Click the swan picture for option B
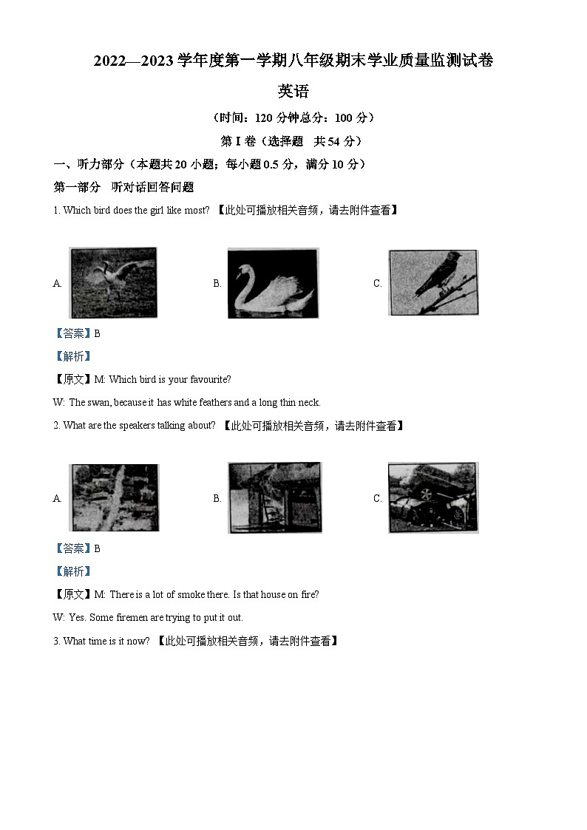tap(273, 283)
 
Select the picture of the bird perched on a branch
tap(433, 282)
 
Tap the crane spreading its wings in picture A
tap(112, 282)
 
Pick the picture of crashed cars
tap(433, 497)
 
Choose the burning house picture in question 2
tap(274, 497)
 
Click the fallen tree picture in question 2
tap(114, 497)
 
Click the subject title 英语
tap(293, 92)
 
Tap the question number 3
tap(55, 642)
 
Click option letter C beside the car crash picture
tap(377, 499)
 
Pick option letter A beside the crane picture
tap(57, 284)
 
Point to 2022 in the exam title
tap(111, 62)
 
